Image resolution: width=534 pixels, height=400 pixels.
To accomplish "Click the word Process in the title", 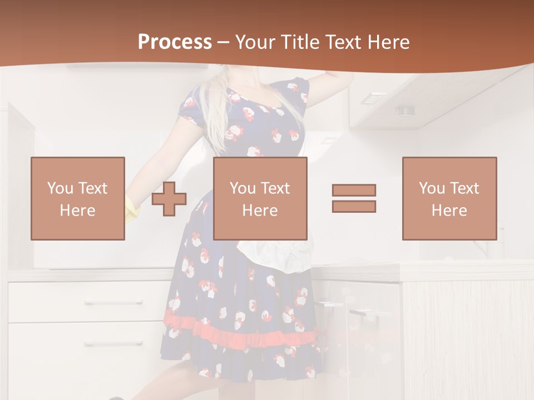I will point(175,42).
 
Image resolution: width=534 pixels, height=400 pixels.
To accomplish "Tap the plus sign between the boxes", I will point(169,199).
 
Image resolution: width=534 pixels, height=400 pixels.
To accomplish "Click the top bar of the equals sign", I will point(354,190).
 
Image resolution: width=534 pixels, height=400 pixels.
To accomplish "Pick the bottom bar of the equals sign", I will point(354,206).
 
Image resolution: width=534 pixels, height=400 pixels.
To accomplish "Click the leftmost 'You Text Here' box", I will point(78,198).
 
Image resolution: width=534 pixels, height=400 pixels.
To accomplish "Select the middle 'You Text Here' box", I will point(260,198).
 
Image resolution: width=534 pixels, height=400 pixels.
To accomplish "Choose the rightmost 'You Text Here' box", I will point(449,198).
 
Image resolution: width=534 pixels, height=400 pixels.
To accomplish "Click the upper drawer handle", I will point(113,303).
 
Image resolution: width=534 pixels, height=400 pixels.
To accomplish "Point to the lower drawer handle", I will point(113,344).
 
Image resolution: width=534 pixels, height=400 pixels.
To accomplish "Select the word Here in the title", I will point(388,42).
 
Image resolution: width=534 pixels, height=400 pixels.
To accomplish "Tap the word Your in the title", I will point(254,42).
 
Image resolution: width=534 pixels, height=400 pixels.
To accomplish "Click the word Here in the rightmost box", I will point(449,210).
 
